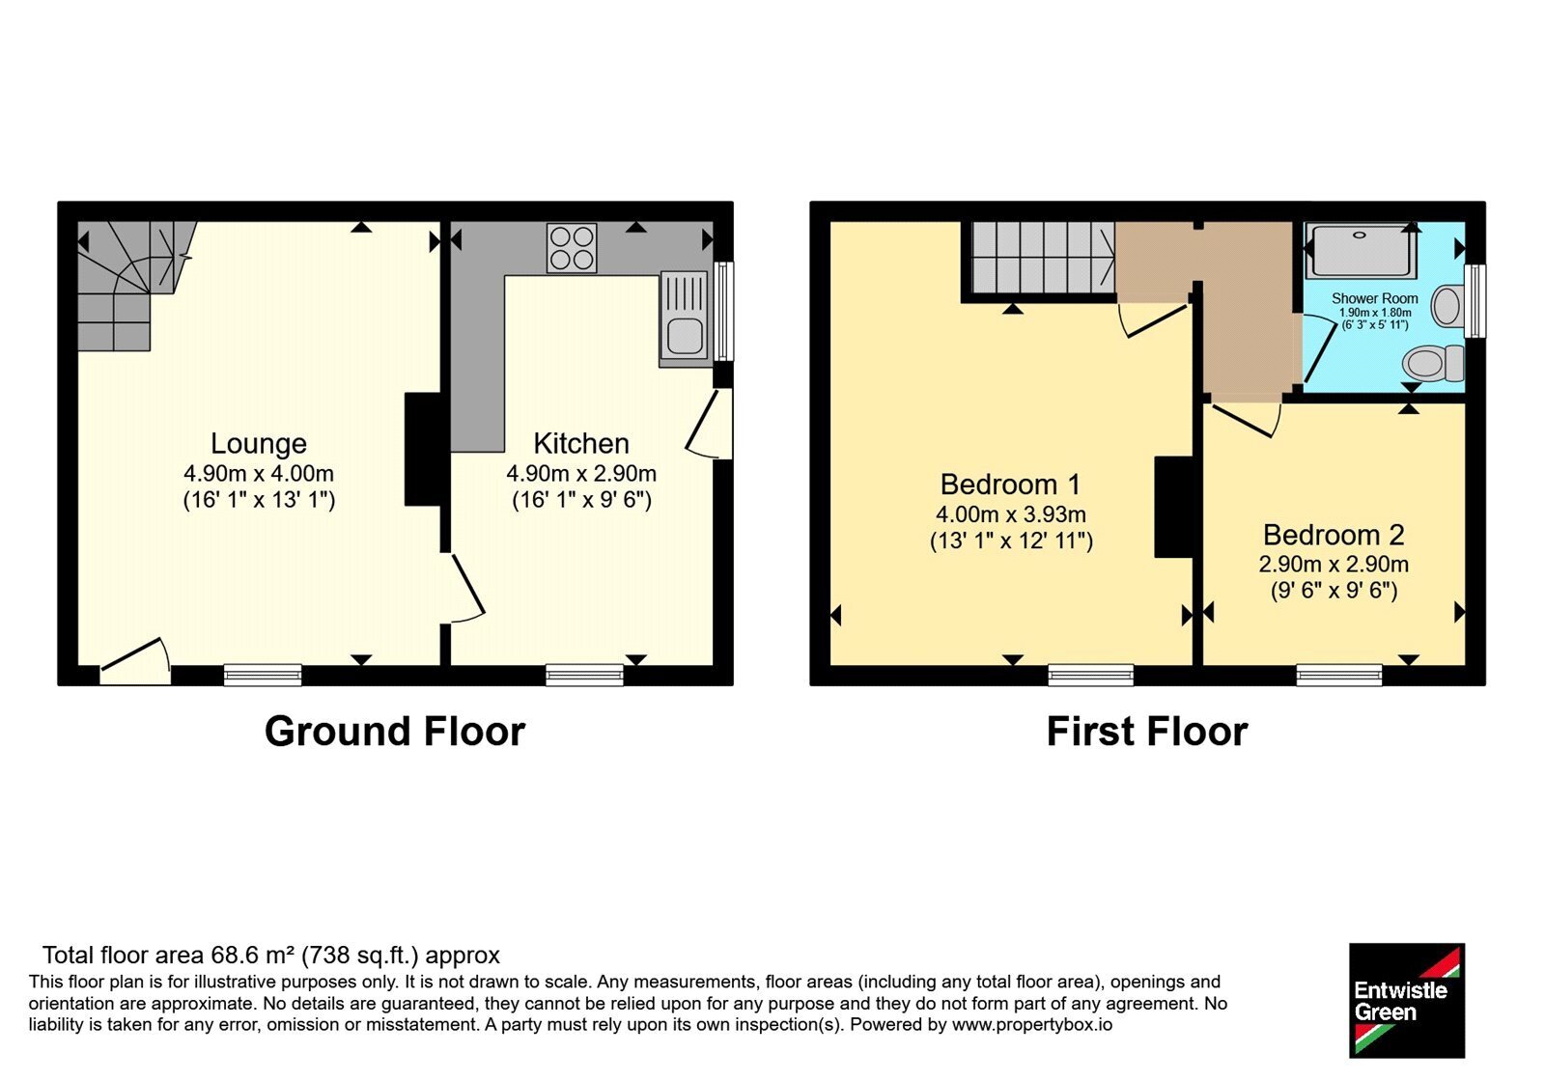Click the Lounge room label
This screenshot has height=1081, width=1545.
[259, 443]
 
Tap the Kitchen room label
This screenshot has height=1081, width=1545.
[581, 443]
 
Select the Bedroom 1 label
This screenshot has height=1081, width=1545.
[1010, 484]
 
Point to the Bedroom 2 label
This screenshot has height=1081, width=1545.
[1334, 535]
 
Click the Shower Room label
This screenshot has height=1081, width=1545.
[1375, 298]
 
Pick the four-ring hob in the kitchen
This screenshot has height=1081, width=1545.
[572, 248]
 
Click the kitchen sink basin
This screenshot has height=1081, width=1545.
[685, 337]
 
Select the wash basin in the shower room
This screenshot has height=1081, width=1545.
[1447, 306]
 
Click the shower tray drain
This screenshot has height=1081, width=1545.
[1359, 236]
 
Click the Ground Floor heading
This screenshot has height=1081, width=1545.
[395, 732]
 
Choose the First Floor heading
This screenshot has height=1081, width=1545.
[1147, 732]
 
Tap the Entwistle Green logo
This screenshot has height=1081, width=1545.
[1407, 1000]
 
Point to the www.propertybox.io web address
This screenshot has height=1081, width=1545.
[1032, 1025]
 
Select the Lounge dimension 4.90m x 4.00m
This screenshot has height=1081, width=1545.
[259, 474]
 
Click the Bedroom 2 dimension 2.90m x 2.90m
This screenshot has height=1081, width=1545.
[1334, 564]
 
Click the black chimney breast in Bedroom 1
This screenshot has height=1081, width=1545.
[1173, 506]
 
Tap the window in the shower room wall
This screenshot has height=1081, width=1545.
[1475, 301]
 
